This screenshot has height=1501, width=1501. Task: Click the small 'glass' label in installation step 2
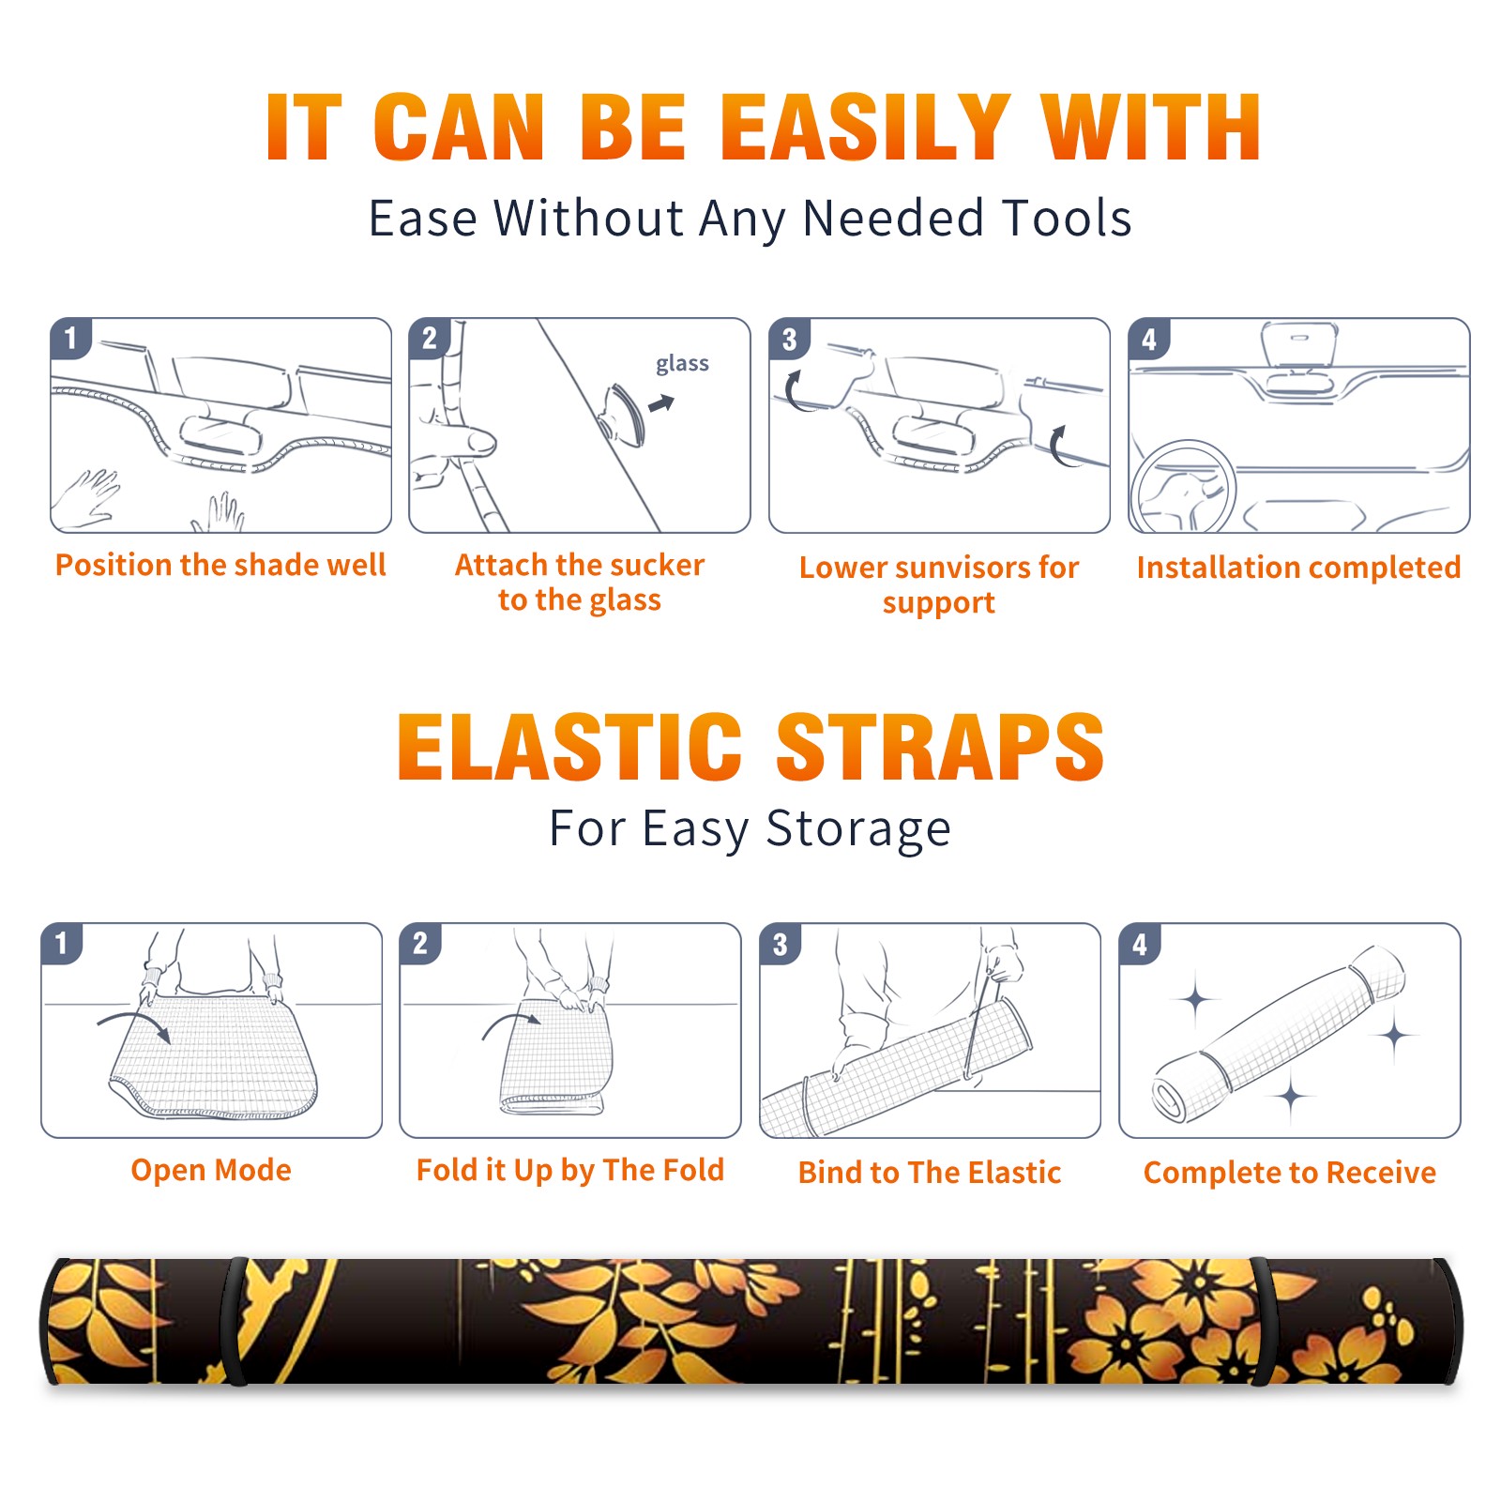coord(682,364)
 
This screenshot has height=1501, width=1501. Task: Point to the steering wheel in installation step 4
coord(1182,488)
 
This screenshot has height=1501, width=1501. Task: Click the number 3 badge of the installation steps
coord(789,339)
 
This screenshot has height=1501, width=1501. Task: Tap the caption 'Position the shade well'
coord(220,565)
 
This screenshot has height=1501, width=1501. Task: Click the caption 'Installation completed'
coord(1298,567)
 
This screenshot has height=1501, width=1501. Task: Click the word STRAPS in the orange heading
coord(940,747)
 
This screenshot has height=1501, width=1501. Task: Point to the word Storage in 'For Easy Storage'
coord(858,829)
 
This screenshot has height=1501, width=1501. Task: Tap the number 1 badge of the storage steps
coord(62,943)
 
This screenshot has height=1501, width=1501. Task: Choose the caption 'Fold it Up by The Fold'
coord(570,1170)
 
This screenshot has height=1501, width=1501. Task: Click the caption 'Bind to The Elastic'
coord(930,1173)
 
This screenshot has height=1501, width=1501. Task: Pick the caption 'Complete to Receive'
coord(1290,1173)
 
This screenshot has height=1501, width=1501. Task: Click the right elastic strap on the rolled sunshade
coord(1263,1322)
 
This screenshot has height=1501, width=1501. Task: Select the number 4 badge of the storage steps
coord(1140,944)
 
